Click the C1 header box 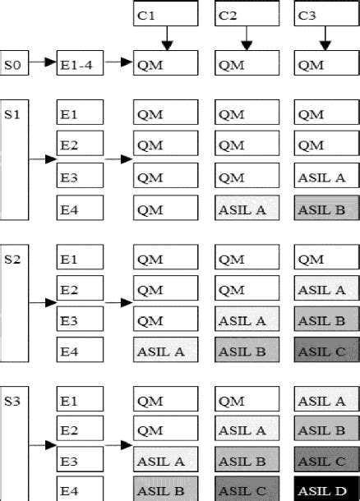165,14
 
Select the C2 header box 246,14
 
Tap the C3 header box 326,14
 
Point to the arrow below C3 326,39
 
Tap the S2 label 12,259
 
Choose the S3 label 12,402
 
